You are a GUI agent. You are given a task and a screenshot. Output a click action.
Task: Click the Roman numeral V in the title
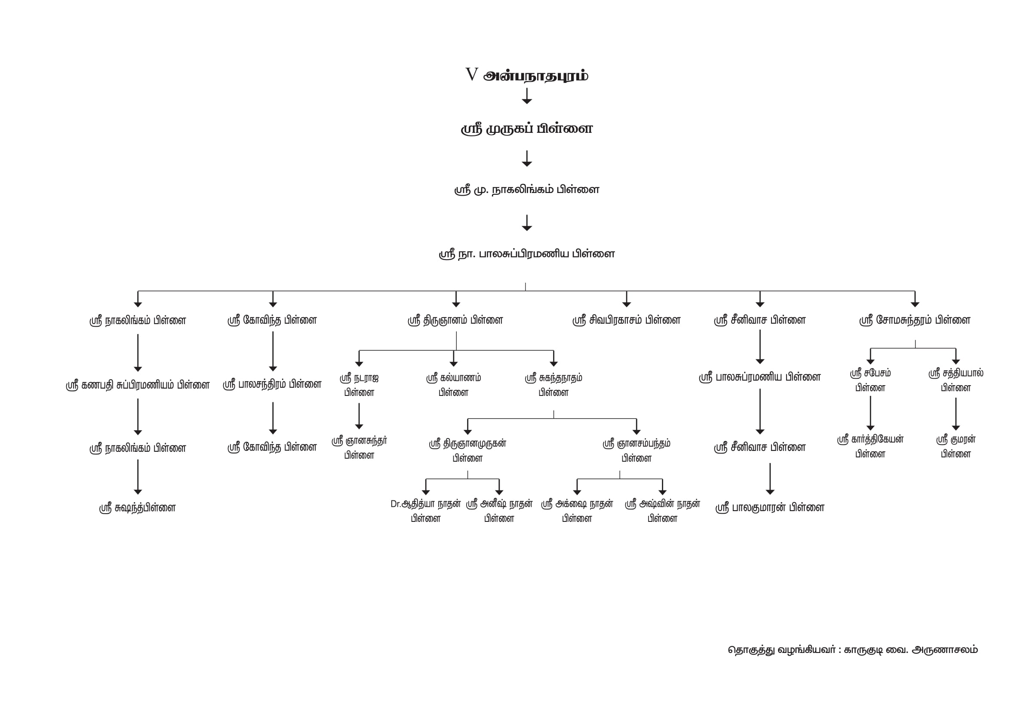click(x=471, y=74)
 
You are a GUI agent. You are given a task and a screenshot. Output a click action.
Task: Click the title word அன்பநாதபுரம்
click(x=536, y=76)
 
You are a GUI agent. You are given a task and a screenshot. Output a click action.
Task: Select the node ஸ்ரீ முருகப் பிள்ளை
click(x=527, y=129)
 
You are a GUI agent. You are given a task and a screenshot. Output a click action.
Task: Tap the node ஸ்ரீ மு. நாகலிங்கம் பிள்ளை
click(x=527, y=190)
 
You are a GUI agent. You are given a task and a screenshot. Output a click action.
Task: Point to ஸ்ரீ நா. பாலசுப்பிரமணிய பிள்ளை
click(x=527, y=254)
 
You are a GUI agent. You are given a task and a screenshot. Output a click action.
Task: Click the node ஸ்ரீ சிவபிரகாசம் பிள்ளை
click(x=626, y=320)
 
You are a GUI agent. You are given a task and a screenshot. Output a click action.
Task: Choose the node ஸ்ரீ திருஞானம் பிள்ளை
click(x=455, y=320)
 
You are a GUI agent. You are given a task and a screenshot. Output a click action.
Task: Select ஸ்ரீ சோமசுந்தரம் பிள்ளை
click(x=914, y=320)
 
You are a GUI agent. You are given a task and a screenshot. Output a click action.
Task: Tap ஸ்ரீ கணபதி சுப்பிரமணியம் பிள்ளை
click(x=138, y=385)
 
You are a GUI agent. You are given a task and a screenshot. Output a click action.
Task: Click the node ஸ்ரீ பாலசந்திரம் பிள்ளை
click(x=272, y=384)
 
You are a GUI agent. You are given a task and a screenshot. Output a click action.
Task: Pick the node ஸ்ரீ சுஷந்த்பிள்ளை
click(x=138, y=508)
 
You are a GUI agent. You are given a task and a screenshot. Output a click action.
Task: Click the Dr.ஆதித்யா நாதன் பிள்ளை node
click(x=426, y=511)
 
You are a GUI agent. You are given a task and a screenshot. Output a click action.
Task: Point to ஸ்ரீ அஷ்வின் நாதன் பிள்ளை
click(x=662, y=511)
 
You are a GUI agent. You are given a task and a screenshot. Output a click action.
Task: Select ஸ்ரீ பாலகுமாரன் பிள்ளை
click(x=770, y=507)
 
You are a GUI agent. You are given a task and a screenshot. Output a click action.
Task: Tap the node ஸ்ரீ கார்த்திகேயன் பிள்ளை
click(x=870, y=446)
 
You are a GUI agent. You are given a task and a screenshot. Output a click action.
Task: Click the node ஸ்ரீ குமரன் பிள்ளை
click(x=956, y=446)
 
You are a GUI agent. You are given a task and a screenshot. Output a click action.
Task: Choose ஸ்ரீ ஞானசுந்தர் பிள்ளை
click(x=359, y=448)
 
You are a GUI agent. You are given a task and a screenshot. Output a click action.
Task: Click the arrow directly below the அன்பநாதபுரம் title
click(x=527, y=96)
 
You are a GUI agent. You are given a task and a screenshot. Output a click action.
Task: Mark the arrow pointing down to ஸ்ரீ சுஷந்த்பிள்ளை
click(x=138, y=477)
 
